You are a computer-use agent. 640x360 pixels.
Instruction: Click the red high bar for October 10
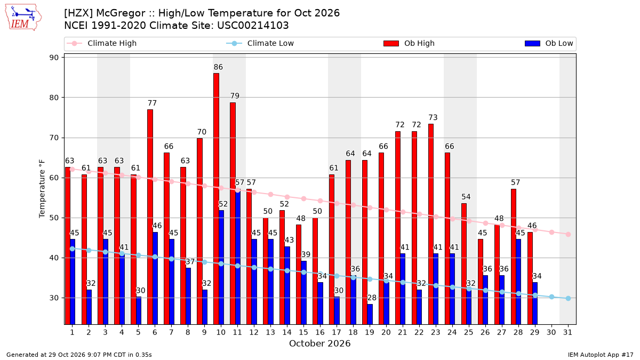click(x=217, y=199)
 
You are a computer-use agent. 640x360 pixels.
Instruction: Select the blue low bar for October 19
click(x=370, y=314)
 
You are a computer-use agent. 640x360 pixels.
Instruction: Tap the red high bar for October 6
click(x=150, y=217)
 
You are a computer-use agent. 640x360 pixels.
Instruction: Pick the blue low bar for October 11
click(x=238, y=257)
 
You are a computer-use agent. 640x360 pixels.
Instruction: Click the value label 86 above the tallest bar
click(x=218, y=67)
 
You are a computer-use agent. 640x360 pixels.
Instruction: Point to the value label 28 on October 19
click(x=372, y=298)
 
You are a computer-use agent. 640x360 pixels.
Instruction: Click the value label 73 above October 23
click(x=433, y=117)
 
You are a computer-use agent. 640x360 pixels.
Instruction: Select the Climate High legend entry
click(x=102, y=43)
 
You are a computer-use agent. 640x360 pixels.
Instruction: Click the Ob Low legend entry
click(x=549, y=43)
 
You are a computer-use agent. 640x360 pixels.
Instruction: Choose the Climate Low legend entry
click(x=260, y=43)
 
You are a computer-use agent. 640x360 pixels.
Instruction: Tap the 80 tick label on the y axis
click(x=54, y=98)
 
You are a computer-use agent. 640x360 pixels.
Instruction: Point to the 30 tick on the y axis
click(x=54, y=298)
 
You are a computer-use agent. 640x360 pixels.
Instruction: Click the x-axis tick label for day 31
click(x=567, y=333)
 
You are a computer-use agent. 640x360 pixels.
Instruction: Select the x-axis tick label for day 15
click(x=303, y=333)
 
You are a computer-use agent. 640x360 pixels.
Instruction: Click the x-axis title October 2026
click(x=319, y=343)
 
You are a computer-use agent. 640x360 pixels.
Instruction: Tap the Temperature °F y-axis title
click(x=42, y=189)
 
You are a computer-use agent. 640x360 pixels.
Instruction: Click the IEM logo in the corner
click(x=23, y=18)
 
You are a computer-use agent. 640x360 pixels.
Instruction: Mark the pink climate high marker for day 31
click(x=569, y=234)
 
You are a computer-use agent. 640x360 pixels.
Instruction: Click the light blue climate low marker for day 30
click(x=551, y=297)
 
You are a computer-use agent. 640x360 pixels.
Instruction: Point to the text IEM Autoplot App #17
click(x=601, y=355)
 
